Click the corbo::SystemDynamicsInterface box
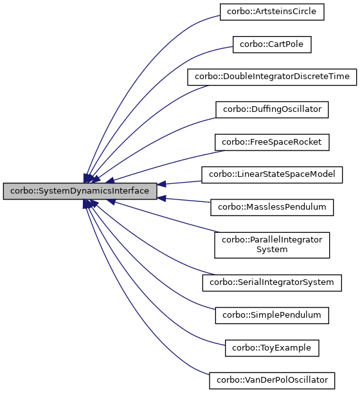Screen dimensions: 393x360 coord(80,191)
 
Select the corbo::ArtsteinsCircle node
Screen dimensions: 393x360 coord(272,12)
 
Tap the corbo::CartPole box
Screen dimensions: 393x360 coord(272,44)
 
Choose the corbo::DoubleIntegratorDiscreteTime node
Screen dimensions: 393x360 coord(272,77)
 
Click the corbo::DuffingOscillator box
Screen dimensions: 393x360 coord(272,109)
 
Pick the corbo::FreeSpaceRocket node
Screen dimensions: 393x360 coord(272,142)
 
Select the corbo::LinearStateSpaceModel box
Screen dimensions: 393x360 coord(272,174)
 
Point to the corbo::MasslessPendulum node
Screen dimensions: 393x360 coord(272,207)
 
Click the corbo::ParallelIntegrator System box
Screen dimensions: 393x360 coord(272,244)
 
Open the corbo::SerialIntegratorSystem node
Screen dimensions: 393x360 coord(272,282)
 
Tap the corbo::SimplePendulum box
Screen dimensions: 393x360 coord(272,315)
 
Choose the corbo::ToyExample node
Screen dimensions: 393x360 coord(272,348)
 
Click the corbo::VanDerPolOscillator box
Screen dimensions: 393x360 coord(272,380)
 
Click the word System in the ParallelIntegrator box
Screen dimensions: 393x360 coord(272,250)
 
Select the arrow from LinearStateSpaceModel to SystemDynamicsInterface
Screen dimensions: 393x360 coord(183,183)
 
